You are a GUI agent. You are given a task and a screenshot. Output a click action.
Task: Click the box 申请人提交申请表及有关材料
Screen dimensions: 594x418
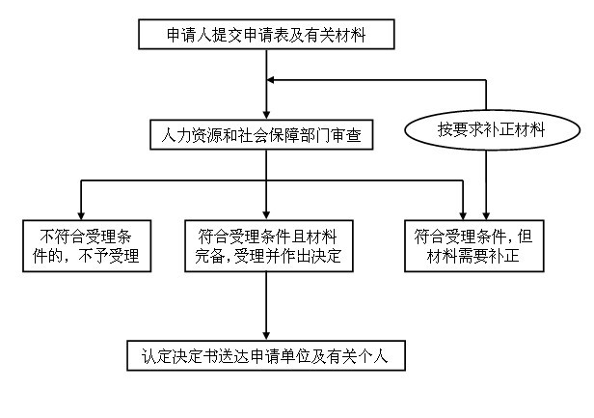[266, 35]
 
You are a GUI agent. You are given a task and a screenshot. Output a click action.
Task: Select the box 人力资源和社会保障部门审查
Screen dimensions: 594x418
[261, 134]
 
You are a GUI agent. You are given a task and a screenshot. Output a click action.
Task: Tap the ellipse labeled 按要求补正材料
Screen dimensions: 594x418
[492, 129]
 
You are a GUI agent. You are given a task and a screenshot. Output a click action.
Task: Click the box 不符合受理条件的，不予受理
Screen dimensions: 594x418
[87, 246]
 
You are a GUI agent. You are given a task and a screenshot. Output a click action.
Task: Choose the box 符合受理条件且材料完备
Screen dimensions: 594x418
[269, 246]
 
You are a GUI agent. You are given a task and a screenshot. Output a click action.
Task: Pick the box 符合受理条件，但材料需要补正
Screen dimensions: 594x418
[474, 246]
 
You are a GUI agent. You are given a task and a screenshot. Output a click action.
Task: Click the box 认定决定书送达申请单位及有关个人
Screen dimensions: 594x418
[266, 355]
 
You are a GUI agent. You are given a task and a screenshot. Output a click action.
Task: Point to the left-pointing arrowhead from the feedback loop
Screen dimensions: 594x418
[270, 80]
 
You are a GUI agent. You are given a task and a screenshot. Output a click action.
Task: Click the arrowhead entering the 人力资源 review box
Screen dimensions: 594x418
[266, 115]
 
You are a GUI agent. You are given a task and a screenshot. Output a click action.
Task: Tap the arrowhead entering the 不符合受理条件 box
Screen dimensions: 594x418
[81, 215]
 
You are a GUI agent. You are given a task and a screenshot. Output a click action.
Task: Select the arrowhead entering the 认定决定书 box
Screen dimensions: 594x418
[266, 336]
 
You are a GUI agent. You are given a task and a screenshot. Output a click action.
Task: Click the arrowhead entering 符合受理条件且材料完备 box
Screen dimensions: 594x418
[266, 215]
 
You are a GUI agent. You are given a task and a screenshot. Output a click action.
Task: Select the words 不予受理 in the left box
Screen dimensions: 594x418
[109, 256]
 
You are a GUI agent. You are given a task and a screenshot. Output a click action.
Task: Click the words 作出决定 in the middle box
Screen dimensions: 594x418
[311, 256]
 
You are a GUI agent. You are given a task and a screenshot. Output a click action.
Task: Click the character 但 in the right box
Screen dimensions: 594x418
[525, 237]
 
